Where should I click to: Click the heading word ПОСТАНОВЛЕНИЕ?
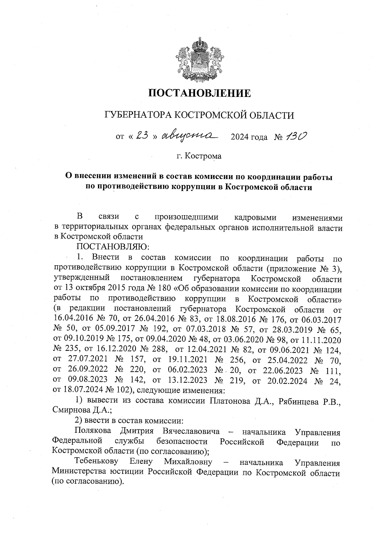[x=199, y=93]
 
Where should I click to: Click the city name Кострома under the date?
[x=203, y=156]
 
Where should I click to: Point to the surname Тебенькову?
[x=96, y=462]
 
